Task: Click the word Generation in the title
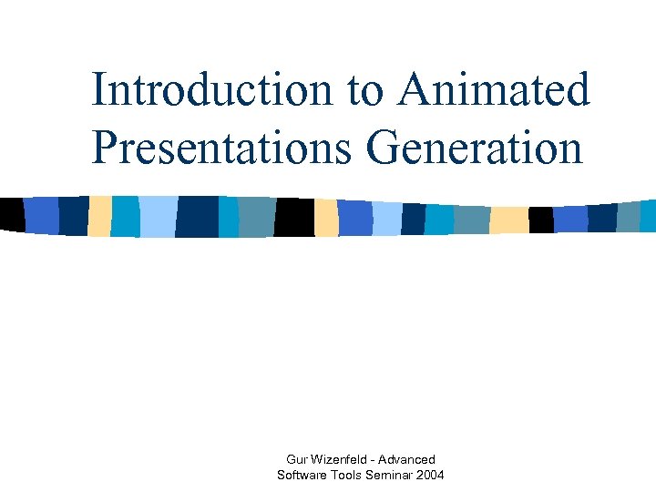pyautogui.click(x=475, y=148)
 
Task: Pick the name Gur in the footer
pyautogui.click(x=299, y=459)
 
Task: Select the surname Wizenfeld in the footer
pyautogui.click(x=344, y=459)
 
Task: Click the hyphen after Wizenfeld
pyautogui.click(x=378, y=459)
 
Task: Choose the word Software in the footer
pyautogui.click(x=302, y=475)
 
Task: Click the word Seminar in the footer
pyautogui.click(x=393, y=475)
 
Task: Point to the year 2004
pyautogui.click(x=431, y=475)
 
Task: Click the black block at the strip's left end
pyautogui.click(x=12, y=214)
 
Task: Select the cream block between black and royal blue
pyautogui.click(x=326, y=218)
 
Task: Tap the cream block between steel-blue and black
pyautogui.click(x=508, y=220)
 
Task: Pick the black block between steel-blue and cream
pyautogui.click(x=294, y=217)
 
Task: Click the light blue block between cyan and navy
pyautogui.click(x=157, y=217)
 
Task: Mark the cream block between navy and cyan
pyautogui.click(x=99, y=216)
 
